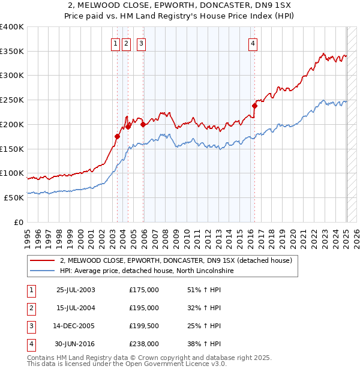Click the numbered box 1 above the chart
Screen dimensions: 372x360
click(114, 43)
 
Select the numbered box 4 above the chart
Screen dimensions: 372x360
click(253, 43)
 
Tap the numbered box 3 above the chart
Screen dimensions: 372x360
click(141, 43)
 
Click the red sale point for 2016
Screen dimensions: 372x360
click(254, 106)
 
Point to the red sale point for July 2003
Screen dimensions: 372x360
click(117, 136)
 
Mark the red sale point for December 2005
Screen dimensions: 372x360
click(143, 124)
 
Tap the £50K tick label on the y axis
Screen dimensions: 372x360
click(14, 197)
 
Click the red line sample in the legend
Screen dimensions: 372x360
click(42, 260)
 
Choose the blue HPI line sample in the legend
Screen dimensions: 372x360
click(42, 271)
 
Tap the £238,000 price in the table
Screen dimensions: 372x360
click(144, 344)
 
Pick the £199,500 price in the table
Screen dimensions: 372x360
click(144, 326)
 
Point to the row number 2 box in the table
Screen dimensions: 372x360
click(31, 308)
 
